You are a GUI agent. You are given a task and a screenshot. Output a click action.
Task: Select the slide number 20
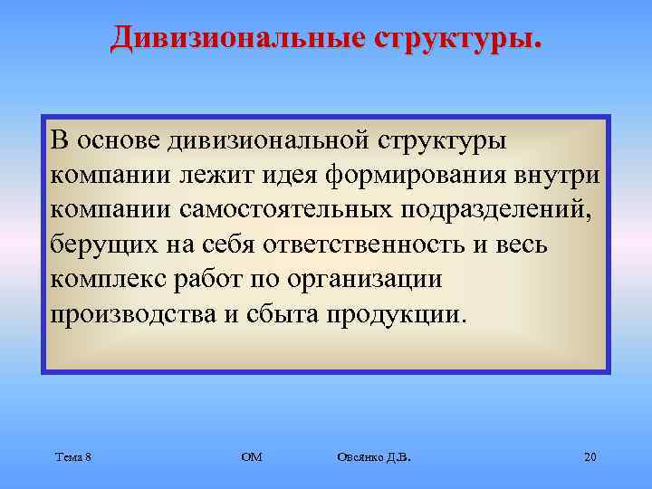[590, 456]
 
